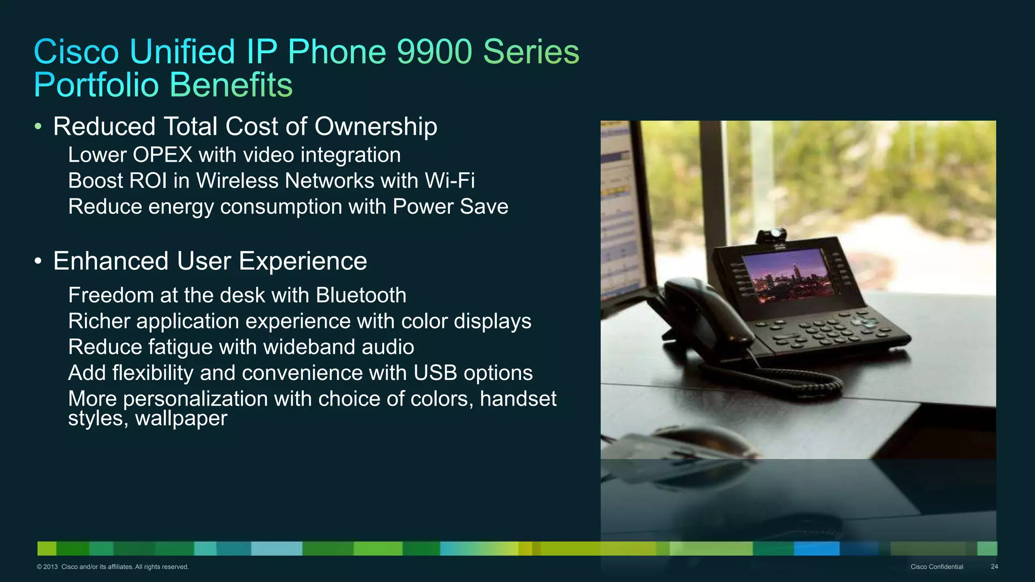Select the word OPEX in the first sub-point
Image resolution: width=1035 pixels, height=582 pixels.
pyautogui.click(x=162, y=155)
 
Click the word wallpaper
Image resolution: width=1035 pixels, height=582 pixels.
pyautogui.click(x=181, y=418)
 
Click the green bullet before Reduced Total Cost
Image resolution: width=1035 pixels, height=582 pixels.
pyautogui.click(x=38, y=126)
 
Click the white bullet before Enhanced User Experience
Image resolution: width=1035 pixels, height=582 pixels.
pyautogui.click(x=38, y=261)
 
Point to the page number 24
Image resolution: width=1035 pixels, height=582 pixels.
pyautogui.click(x=994, y=567)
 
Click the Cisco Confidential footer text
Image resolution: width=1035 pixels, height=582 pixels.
pyautogui.click(x=936, y=567)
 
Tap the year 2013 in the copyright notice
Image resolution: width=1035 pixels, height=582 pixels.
pyautogui.click(x=51, y=567)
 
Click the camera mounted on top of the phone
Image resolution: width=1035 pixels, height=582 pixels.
pyautogui.click(x=772, y=235)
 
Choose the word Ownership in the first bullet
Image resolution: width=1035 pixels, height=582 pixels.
pyautogui.click(x=375, y=126)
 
